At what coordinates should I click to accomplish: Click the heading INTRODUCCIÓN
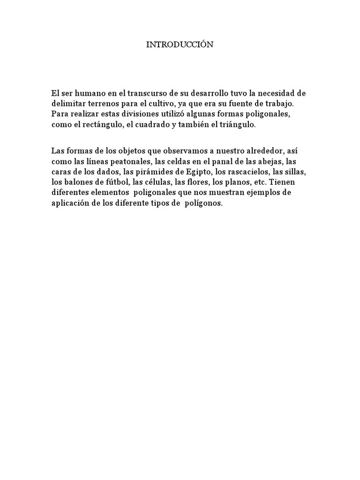click(180, 45)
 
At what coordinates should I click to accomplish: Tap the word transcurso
click(147, 93)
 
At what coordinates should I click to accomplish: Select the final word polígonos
click(202, 204)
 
